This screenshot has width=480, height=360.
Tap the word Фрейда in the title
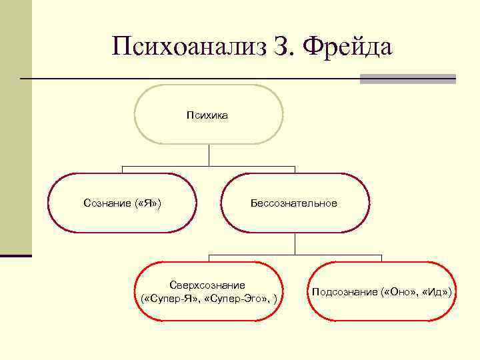[x=348, y=47]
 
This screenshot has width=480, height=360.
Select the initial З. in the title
[x=283, y=47]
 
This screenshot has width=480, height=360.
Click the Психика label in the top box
[x=209, y=115]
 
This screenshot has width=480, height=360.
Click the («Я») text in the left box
[x=147, y=203]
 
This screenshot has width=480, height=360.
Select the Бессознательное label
[x=294, y=203]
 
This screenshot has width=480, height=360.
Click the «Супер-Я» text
[x=169, y=297]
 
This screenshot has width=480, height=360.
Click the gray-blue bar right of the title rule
[x=407, y=79]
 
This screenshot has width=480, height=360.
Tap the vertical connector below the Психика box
[x=209, y=155]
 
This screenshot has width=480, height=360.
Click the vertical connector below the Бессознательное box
[x=295, y=243]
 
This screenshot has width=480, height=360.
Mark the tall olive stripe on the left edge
[x=15, y=127]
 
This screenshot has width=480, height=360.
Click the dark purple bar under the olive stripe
[x=15, y=255]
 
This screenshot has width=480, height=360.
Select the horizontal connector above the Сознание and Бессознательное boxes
[x=167, y=165]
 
